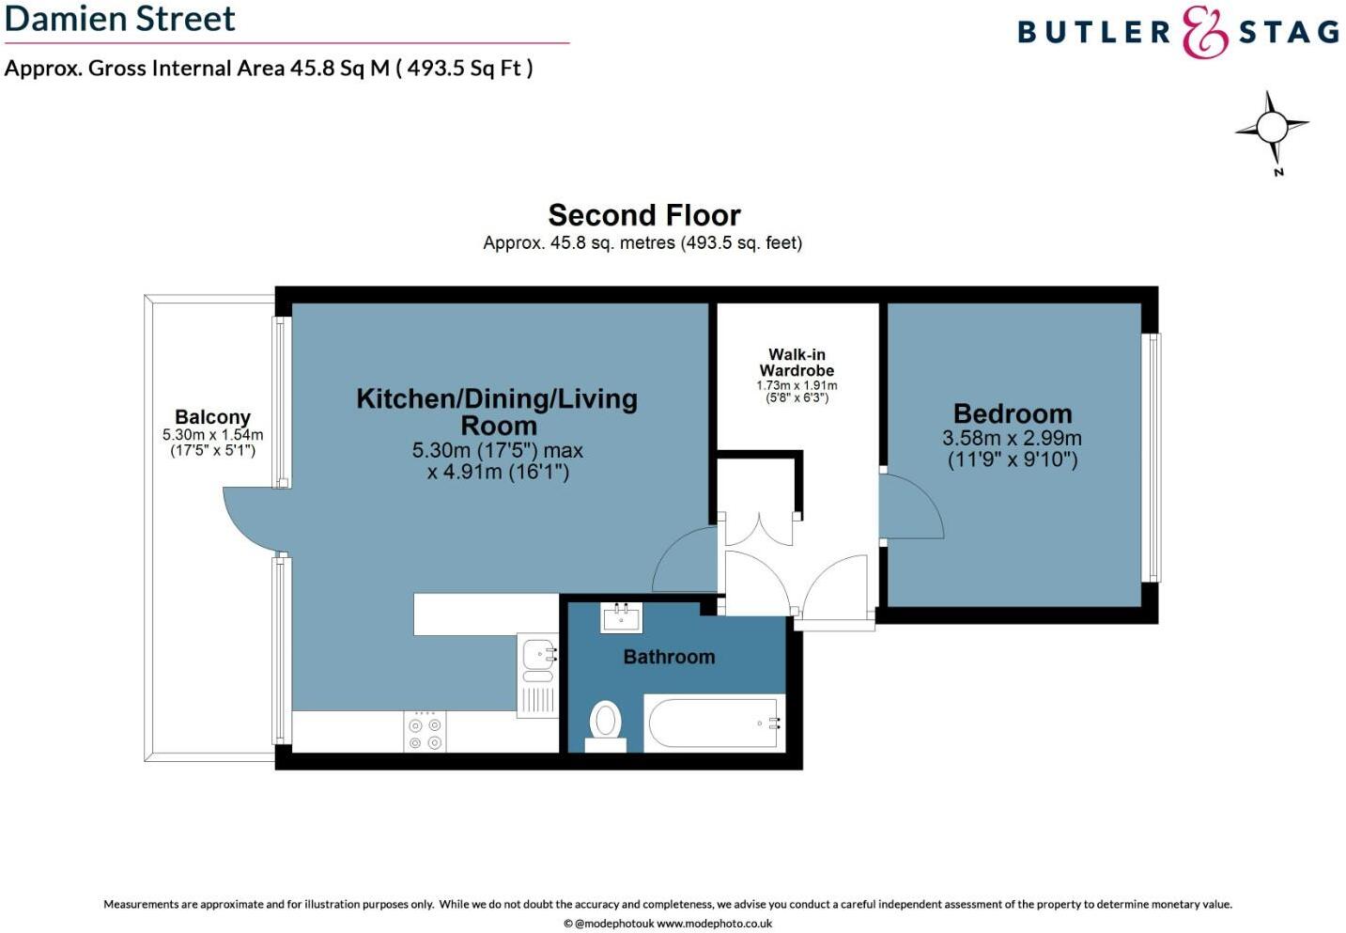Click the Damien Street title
pyautogui.click(x=120, y=19)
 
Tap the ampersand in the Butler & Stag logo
pyautogui.click(x=1204, y=33)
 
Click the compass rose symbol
pyautogui.click(x=1272, y=128)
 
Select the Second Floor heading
pyautogui.click(x=644, y=215)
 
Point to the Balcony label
pyautogui.click(x=212, y=417)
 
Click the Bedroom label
pyautogui.click(x=1012, y=413)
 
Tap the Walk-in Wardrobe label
pyautogui.click(x=797, y=363)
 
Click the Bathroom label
pyautogui.click(x=669, y=657)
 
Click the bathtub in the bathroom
pyautogui.click(x=714, y=723)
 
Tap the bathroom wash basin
pyautogui.click(x=621, y=618)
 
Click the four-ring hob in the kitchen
pyautogui.click(x=425, y=733)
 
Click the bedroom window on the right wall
pyautogui.click(x=1152, y=458)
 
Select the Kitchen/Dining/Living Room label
pyautogui.click(x=497, y=412)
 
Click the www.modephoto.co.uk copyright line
pyautogui.click(x=668, y=924)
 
